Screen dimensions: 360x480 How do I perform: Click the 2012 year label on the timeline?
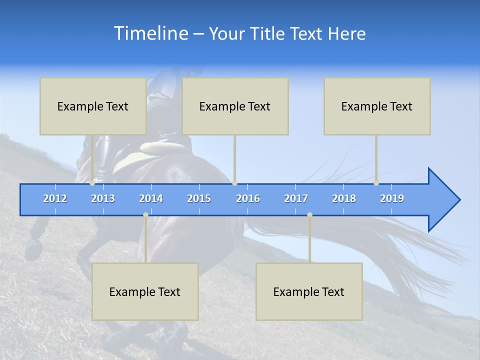click(55, 198)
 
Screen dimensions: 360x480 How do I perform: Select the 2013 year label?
click(103, 198)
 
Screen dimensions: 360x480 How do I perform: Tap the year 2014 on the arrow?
click(151, 198)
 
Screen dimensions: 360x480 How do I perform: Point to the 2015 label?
click(199, 198)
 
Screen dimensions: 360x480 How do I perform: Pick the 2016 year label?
click(248, 198)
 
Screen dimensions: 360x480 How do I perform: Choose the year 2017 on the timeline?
click(296, 198)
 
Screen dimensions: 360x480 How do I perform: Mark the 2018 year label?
click(344, 198)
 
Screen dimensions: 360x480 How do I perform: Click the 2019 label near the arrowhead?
click(392, 198)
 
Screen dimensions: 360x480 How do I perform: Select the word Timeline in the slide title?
click(150, 33)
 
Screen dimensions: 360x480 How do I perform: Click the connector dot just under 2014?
click(145, 214)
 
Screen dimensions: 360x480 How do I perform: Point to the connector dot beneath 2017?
click(309, 214)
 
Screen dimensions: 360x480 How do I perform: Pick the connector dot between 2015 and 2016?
click(234, 183)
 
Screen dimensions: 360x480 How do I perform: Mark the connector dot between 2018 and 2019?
click(376, 183)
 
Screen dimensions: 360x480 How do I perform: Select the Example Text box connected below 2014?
click(145, 291)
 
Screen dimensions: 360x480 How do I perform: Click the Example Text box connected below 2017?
click(309, 291)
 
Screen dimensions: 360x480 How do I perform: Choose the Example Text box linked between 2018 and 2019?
click(377, 106)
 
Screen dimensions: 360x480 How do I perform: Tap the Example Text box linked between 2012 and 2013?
click(93, 106)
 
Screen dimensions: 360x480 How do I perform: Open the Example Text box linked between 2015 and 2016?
click(235, 106)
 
